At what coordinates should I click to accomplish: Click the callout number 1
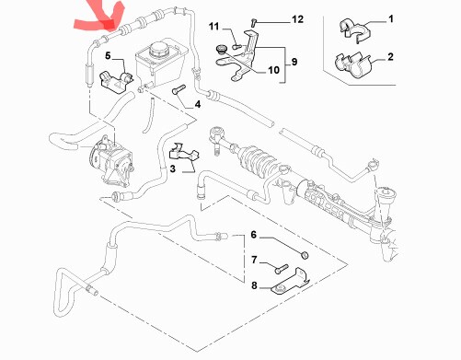[391, 19]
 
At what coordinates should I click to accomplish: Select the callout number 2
[390, 57]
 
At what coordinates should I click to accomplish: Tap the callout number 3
[173, 168]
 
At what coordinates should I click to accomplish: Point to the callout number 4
[198, 104]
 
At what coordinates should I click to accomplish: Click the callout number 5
[108, 56]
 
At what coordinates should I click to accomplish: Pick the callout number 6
[253, 235]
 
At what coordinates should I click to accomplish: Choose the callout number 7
[254, 261]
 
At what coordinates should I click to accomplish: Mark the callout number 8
[254, 285]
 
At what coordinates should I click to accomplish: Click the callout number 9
[294, 62]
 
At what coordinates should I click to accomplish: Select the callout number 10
[273, 70]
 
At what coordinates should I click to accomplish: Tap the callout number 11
[213, 27]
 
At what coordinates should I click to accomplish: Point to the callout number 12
[297, 19]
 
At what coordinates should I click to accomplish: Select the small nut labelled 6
[304, 255]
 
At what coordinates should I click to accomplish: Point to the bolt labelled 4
[179, 89]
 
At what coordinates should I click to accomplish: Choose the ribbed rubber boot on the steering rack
[257, 161]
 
